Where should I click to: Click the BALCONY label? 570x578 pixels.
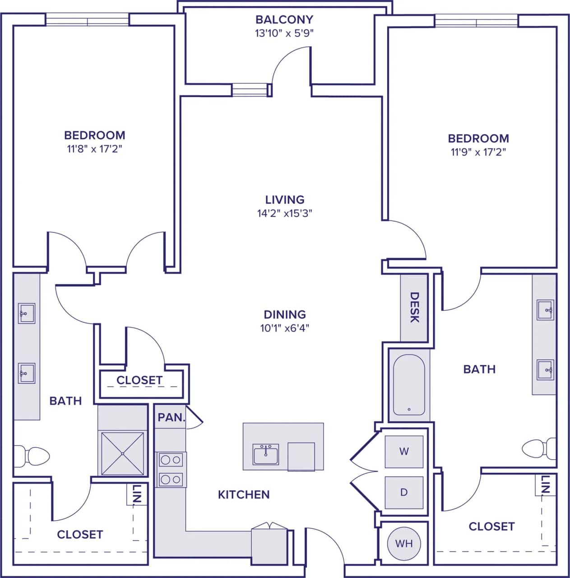pyautogui.click(x=284, y=20)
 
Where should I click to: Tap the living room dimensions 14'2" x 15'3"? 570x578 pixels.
pyautogui.click(x=284, y=213)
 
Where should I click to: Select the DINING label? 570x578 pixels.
pyautogui.click(x=284, y=314)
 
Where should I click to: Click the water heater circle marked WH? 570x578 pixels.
pyautogui.click(x=403, y=544)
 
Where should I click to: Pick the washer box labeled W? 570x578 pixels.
pyautogui.click(x=404, y=451)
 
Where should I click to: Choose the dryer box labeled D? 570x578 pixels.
pyautogui.click(x=404, y=492)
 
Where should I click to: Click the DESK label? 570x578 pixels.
pyautogui.click(x=414, y=308)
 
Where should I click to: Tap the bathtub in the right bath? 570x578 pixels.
pyautogui.click(x=408, y=385)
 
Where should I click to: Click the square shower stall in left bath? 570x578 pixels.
pyautogui.click(x=123, y=453)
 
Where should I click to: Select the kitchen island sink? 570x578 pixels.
pyautogui.click(x=266, y=454)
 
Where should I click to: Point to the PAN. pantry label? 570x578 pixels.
pyautogui.click(x=171, y=418)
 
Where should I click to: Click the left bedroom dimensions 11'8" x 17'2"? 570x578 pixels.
pyautogui.click(x=95, y=149)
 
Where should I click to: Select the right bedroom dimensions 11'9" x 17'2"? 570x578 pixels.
pyautogui.click(x=478, y=152)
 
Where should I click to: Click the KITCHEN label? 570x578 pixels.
pyautogui.click(x=244, y=495)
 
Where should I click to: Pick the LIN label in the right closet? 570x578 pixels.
pyautogui.click(x=545, y=485)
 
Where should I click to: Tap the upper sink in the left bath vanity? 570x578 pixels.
pyautogui.click(x=27, y=313)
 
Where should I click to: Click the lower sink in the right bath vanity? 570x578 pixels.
pyautogui.click(x=545, y=370)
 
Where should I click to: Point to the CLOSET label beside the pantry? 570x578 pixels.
pyautogui.click(x=139, y=381)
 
